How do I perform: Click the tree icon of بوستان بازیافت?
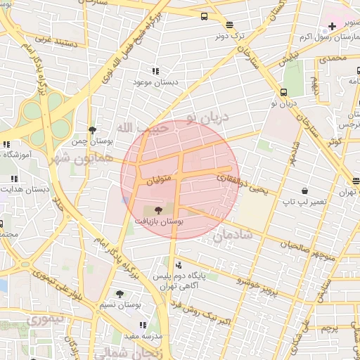(x=157, y=210)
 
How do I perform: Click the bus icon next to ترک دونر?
(x=204, y=16)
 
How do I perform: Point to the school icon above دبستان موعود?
(x=155, y=71)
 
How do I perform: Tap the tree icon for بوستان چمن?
(x=92, y=130)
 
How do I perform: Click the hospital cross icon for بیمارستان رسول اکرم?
(x=332, y=26)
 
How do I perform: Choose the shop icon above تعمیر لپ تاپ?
(x=304, y=191)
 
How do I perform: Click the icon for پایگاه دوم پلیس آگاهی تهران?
(x=178, y=266)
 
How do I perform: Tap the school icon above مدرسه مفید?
(x=143, y=325)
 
